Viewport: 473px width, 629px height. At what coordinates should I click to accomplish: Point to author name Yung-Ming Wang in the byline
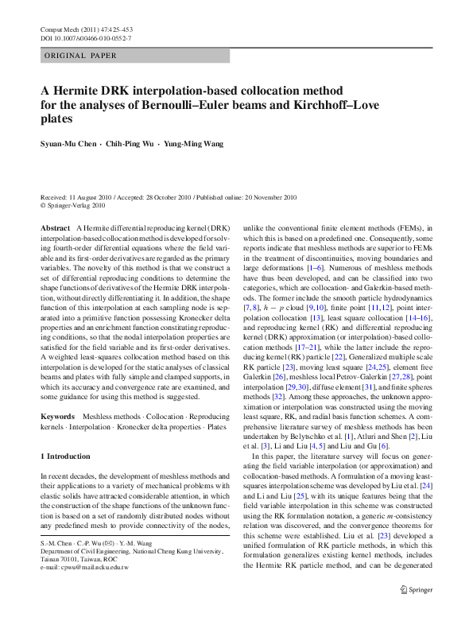[x=195, y=144]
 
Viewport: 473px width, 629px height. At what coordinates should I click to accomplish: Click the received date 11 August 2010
[x=93, y=196]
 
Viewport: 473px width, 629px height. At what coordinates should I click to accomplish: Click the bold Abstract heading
[x=56, y=228]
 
